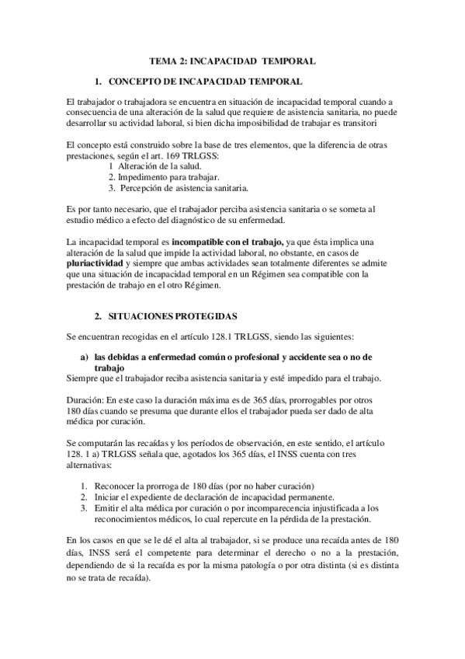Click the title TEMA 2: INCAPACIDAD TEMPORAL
pyautogui.click(x=231, y=60)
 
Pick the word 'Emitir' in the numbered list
pyautogui.click(x=106, y=508)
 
